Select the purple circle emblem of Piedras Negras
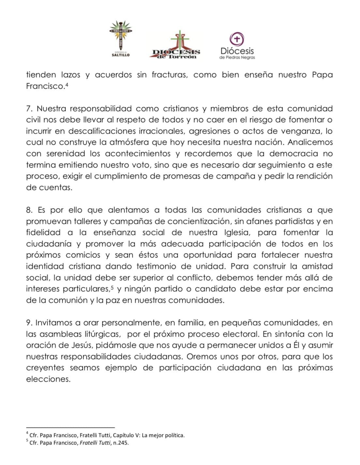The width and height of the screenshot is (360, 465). point(237,39)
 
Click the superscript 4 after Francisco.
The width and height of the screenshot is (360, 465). point(67,84)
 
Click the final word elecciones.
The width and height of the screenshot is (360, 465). point(48,379)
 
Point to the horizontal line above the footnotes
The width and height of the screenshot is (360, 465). point(70,427)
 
